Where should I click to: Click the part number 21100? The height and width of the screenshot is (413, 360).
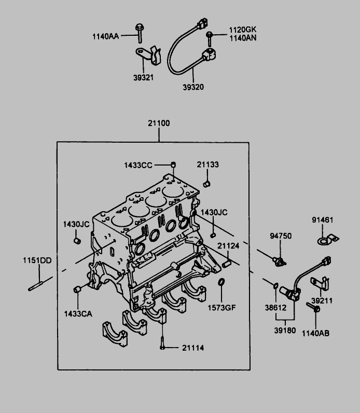pos(159,123)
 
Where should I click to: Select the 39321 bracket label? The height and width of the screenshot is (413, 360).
pos(143,77)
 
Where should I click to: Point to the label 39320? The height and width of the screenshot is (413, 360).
pos(193,87)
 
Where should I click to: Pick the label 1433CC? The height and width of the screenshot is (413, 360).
pos(138,165)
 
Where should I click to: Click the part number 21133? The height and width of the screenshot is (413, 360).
pos(207,164)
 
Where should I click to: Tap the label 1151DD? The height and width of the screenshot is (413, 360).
pos(36,260)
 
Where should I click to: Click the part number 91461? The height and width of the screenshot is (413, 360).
pos(322,220)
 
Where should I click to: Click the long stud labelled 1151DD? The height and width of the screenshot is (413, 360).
pos(37,285)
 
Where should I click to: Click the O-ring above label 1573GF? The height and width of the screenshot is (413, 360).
pos(221,283)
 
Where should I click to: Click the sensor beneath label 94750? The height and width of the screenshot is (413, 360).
pos(279,260)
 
